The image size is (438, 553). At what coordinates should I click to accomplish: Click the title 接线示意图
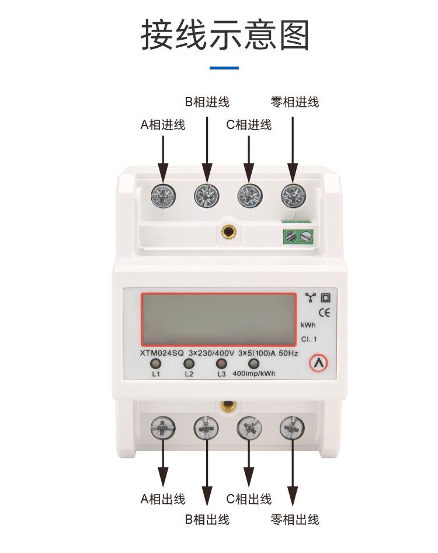coord(225,35)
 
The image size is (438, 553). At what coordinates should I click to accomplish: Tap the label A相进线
coord(162,125)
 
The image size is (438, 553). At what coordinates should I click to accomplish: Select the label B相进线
coord(207,103)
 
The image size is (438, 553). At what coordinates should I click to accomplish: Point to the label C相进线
coord(249,125)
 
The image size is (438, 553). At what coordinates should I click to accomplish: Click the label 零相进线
coord(295,103)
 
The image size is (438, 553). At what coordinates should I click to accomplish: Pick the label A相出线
coord(162,499)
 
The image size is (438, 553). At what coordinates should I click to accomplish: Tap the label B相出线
coord(207,519)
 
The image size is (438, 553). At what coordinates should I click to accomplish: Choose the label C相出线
coord(249,499)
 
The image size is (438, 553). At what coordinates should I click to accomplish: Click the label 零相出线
coord(295,519)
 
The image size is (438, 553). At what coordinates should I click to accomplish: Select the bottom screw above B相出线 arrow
coord(206,430)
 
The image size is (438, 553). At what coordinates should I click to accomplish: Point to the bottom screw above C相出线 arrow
coord(249,430)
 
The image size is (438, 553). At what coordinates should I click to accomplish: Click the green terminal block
coord(298,236)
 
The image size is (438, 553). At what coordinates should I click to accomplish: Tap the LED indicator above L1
coord(157,363)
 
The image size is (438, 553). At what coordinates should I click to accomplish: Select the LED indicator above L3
coord(221,363)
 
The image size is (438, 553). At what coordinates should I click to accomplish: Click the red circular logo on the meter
coord(318,363)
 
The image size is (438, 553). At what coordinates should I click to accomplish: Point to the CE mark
coord(324,312)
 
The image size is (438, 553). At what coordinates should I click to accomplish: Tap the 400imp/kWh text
coord(253,374)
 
